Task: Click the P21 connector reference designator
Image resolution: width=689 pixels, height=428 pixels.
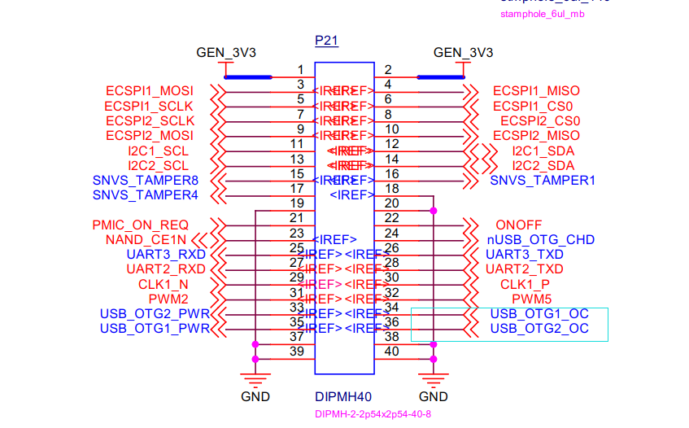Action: (x=327, y=40)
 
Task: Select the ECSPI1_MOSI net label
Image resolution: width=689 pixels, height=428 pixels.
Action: (x=150, y=91)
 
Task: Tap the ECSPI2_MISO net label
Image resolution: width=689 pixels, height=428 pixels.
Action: (x=536, y=136)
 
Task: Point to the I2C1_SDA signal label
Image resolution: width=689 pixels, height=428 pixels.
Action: (x=543, y=151)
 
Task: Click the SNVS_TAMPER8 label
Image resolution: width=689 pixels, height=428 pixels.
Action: (x=145, y=181)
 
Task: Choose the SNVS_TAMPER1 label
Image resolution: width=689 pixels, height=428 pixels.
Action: (x=542, y=181)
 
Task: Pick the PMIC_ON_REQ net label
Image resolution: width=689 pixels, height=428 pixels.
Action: (x=141, y=225)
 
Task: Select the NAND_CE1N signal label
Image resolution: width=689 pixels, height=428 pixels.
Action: (x=146, y=240)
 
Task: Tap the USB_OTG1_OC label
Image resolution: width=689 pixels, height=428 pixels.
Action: (x=539, y=314)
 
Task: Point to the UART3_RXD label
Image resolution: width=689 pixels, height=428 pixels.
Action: (x=166, y=255)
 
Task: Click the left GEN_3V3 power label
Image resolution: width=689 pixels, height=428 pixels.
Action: (x=226, y=53)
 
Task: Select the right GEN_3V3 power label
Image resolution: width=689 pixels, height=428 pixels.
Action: (x=463, y=53)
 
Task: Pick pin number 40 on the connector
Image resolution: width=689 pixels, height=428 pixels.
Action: (x=390, y=352)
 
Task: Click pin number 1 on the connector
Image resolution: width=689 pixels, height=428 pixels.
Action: (x=300, y=70)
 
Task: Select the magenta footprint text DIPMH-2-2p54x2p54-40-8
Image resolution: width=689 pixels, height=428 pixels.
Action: (x=373, y=414)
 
